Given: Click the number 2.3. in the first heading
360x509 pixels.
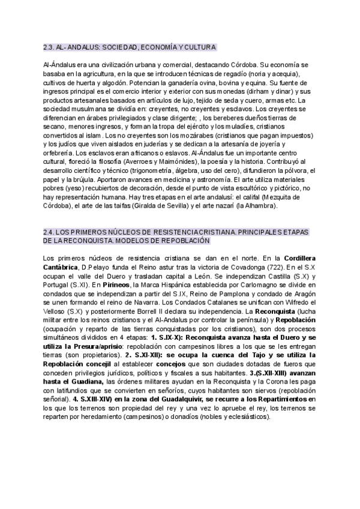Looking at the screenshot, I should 49,47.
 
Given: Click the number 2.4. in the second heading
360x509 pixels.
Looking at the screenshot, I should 49,231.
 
